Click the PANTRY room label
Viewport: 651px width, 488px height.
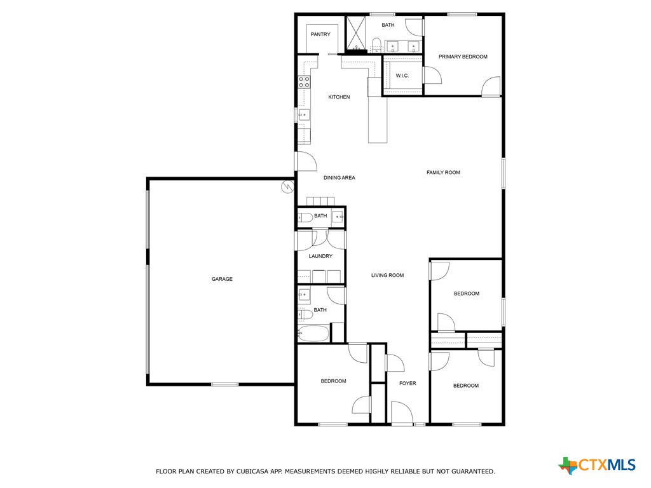click(x=320, y=34)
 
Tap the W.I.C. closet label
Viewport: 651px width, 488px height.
click(x=402, y=76)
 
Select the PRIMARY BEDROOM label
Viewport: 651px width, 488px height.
click(x=463, y=57)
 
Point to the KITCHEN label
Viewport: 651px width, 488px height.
click(x=339, y=97)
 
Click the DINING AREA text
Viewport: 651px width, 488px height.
click(x=339, y=178)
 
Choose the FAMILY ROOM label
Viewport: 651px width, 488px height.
click(x=443, y=172)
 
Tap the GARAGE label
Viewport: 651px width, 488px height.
click(x=222, y=279)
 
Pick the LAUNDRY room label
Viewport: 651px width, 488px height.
click(x=320, y=256)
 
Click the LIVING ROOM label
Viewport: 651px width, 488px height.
click(x=388, y=275)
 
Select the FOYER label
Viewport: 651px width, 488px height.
click(x=408, y=383)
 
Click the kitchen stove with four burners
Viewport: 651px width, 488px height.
click(x=305, y=81)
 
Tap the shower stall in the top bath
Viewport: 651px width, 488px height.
click(x=356, y=33)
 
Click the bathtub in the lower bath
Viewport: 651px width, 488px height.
click(x=313, y=333)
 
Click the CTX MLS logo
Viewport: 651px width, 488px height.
click(x=597, y=465)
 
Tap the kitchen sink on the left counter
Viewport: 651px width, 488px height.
click(x=305, y=115)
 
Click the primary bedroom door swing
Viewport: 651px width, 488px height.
click(x=491, y=87)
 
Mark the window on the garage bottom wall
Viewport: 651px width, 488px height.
click(x=225, y=384)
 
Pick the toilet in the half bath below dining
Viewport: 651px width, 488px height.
click(x=306, y=217)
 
